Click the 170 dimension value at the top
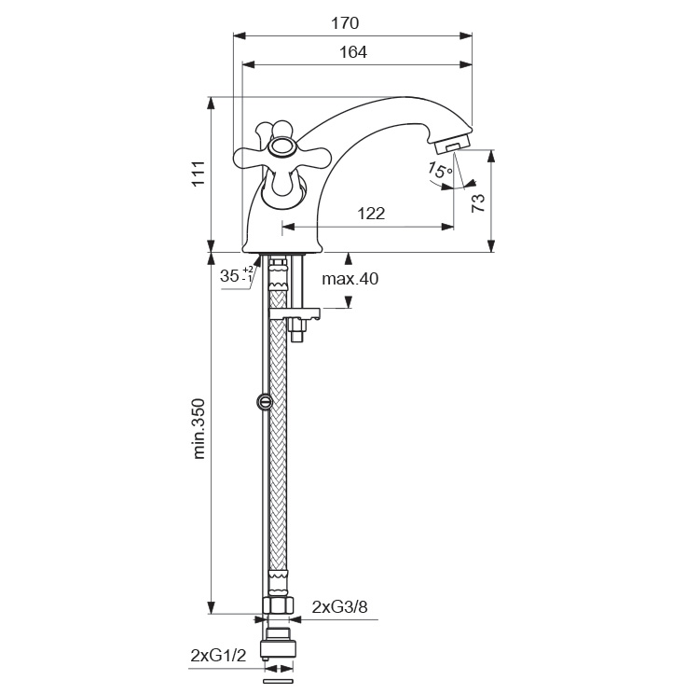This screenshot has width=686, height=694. coord(345,23)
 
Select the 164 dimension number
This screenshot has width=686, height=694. coord(352,53)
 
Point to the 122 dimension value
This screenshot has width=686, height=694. coord(371,214)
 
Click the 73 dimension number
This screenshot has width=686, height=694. coord(478,204)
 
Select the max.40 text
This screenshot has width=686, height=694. coord(350,279)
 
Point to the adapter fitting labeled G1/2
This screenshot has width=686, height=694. coord(277,646)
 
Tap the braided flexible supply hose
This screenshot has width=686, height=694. coord(277,448)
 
